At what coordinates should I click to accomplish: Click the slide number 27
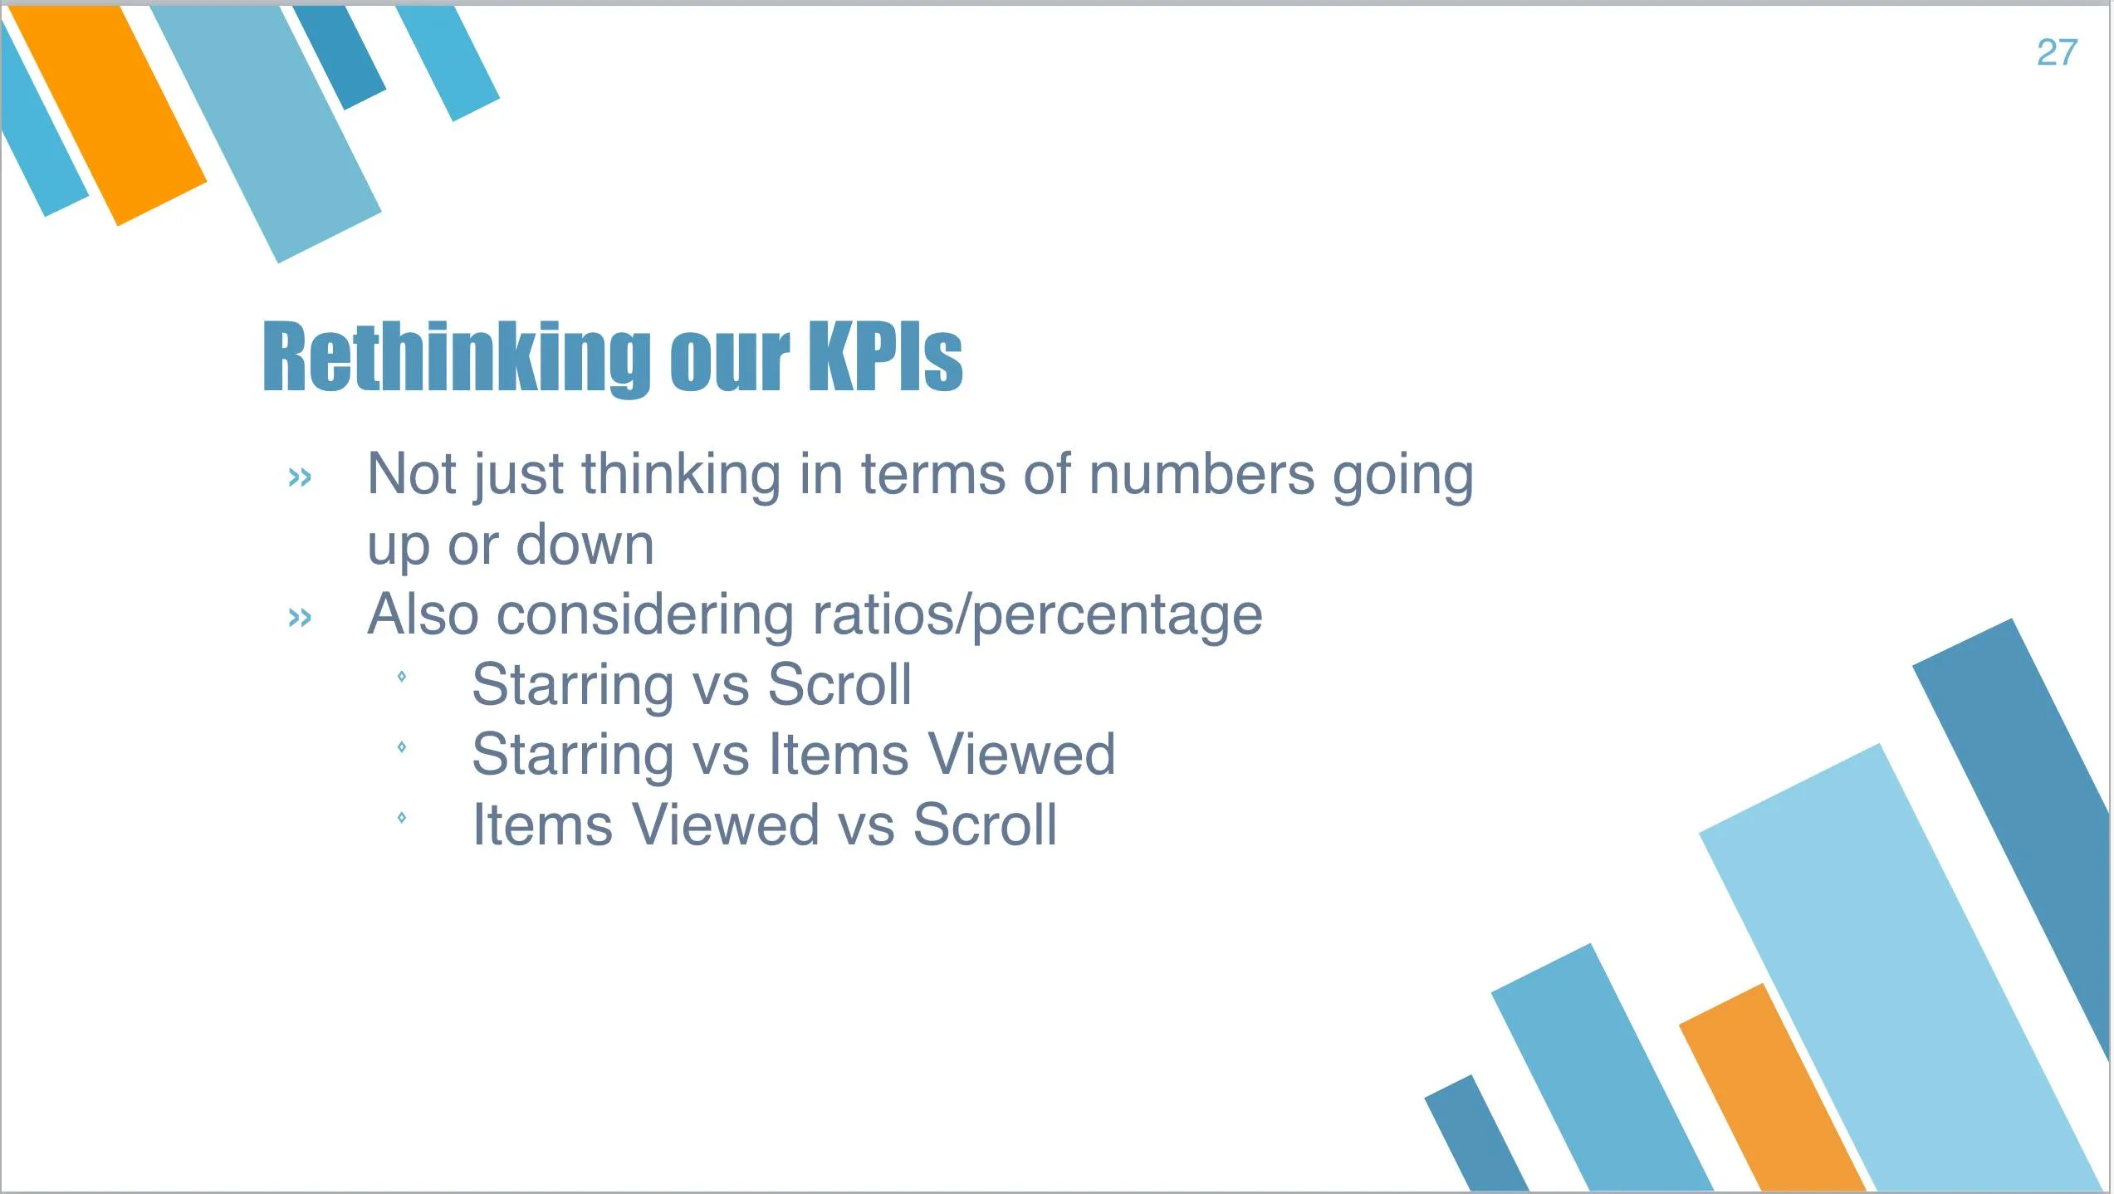pos(2057,52)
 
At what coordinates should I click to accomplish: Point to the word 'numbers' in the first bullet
pos(1201,474)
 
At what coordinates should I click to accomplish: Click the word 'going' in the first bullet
pos(1403,477)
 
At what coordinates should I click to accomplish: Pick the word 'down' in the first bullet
pos(585,545)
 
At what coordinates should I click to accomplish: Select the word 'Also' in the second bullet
pos(423,614)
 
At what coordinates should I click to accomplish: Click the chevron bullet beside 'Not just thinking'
pos(300,477)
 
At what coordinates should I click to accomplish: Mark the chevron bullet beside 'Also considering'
pos(300,618)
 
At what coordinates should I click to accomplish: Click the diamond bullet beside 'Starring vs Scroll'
pos(402,677)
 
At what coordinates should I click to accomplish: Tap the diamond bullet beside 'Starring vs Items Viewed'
pos(402,747)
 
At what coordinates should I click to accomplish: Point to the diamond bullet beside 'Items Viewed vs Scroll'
pos(402,818)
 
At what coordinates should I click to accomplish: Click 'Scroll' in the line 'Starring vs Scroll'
pos(839,685)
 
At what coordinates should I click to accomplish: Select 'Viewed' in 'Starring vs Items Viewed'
pos(1021,755)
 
